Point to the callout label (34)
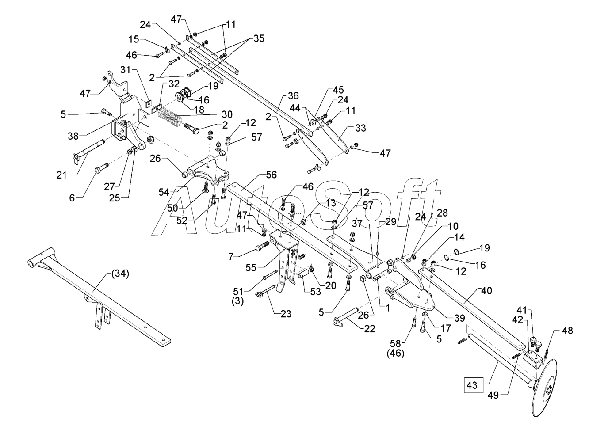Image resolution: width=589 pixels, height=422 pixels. tap(120, 274)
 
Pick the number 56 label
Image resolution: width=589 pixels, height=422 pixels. tap(272, 175)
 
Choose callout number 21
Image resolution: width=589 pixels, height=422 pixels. tap(62, 175)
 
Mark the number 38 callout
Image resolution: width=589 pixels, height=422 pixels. tap(73, 136)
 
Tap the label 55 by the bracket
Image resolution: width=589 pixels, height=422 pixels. tap(251, 268)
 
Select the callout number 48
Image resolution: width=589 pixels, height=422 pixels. tap(567, 331)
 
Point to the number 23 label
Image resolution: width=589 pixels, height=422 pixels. tap(286, 314)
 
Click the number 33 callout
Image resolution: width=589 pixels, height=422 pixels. tap(360, 128)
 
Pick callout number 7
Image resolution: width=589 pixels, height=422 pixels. tap(231, 256)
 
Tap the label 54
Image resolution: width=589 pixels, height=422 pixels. tap(164, 192)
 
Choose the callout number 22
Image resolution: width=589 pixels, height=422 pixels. tap(369, 329)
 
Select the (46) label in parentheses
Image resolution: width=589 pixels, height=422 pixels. tap(395, 353)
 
